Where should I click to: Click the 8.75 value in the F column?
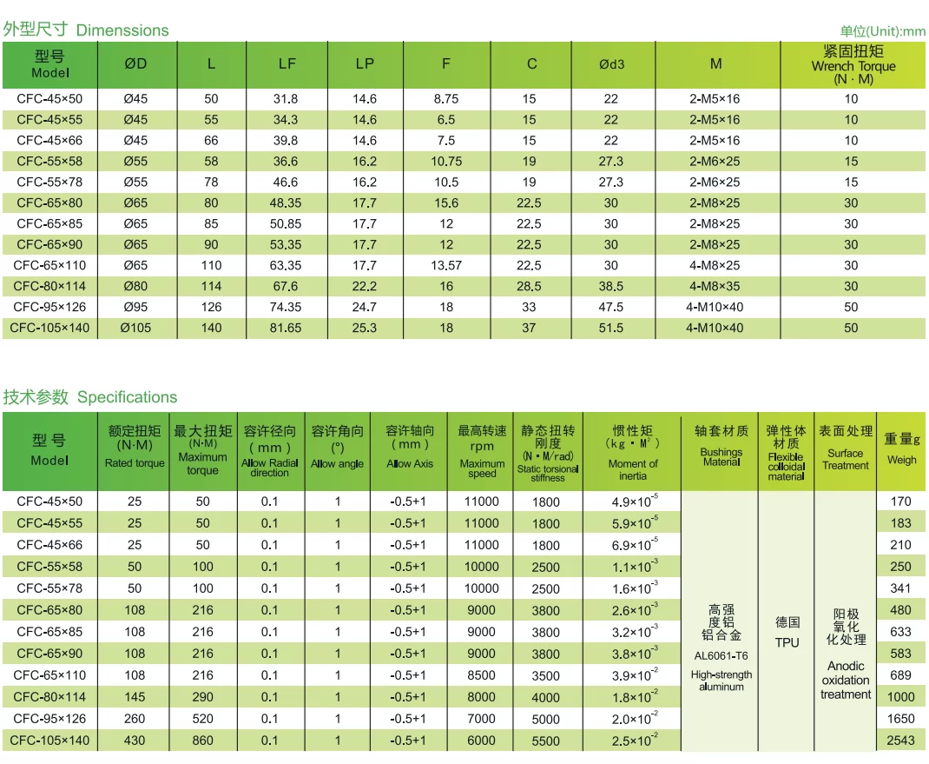[445, 99]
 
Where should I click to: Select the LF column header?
[287, 63]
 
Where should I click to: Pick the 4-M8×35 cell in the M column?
[715, 286]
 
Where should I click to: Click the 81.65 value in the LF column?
[287, 328]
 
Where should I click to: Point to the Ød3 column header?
[611, 63]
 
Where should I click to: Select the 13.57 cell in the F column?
[445, 265]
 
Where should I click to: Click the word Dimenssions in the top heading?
[122, 30]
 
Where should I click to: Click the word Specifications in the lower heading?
[127, 397]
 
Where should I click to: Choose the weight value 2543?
[901, 741]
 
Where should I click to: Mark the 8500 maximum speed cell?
[482, 675]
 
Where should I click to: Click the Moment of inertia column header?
[633, 451]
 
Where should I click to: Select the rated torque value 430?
[135, 741]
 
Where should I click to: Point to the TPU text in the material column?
[786, 642]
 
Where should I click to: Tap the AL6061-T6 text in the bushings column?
[721, 655]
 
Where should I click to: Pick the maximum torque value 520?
[202, 719]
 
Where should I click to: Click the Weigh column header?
[901, 449]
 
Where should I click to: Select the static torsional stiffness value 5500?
[546, 741]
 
